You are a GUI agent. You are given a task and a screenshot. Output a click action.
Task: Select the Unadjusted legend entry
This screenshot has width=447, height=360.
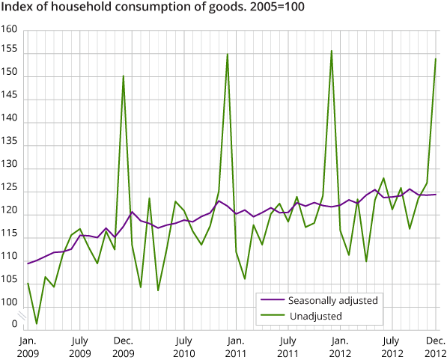(x=314, y=316)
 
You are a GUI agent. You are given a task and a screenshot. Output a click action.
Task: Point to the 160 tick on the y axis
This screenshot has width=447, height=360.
(x=9, y=31)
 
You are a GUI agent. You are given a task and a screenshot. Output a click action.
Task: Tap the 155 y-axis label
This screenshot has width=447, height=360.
(x=9, y=54)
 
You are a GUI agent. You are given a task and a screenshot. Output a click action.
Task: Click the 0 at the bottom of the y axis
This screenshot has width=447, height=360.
(x=13, y=325)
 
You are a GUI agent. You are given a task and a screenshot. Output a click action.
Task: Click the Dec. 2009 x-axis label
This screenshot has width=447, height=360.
(x=123, y=345)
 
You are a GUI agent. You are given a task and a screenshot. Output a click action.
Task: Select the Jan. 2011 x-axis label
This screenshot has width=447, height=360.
(x=235, y=345)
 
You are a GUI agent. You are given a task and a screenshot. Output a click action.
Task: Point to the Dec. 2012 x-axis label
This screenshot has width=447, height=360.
(x=436, y=345)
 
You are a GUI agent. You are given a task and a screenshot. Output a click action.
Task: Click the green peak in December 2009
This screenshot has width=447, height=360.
(x=123, y=76)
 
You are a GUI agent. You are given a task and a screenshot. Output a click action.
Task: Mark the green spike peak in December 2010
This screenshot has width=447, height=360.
(x=227, y=54)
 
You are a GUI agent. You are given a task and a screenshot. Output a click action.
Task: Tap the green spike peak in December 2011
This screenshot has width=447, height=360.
(x=332, y=51)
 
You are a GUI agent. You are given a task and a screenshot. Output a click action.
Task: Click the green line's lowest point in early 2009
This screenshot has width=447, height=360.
(x=36, y=323)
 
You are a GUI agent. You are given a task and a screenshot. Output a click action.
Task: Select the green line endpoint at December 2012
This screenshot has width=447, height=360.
(x=436, y=59)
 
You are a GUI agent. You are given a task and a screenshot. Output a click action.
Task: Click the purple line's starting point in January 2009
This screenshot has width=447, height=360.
(x=28, y=263)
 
